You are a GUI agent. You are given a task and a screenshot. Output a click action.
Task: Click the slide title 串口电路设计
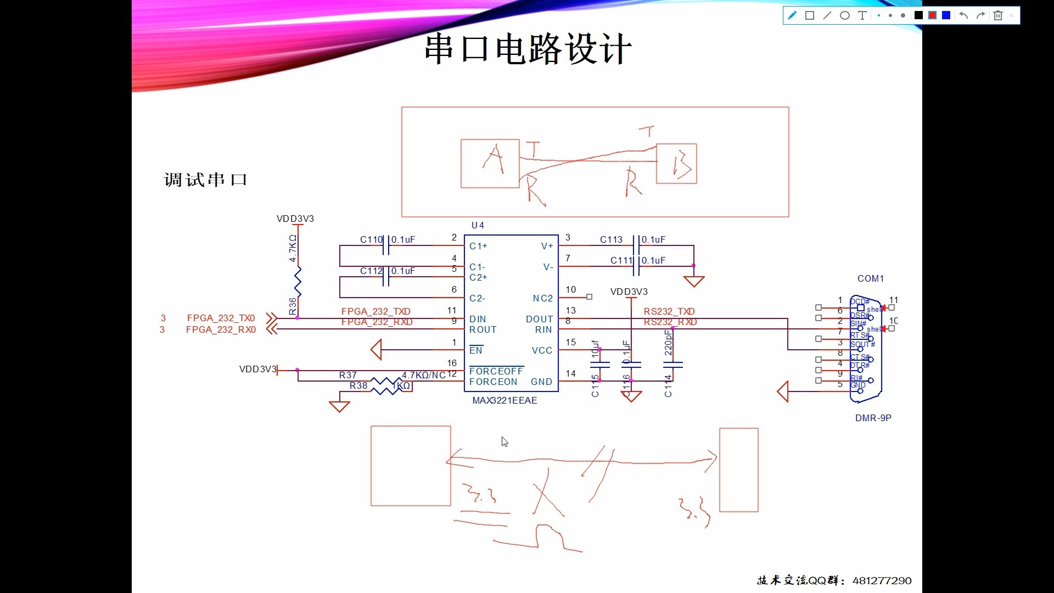(x=528, y=49)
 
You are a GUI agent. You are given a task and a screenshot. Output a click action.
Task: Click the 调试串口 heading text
(x=205, y=180)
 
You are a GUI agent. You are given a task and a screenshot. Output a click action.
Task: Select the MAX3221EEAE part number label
(x=504, y=400)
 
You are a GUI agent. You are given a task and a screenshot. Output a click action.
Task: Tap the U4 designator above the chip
(x=478, y=225)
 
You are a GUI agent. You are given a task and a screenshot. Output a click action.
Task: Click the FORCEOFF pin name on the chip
(x=496, y=371)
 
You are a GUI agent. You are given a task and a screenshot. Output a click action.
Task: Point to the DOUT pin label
(x=539, y=319)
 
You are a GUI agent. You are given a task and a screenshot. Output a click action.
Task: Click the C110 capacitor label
(x=371, y=239)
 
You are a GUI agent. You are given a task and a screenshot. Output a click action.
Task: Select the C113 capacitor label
(x=611, y=239)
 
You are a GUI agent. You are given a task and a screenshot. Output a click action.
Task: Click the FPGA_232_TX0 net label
(x=221, y=318)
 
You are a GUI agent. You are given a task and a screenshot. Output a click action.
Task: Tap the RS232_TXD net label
(x=669, y=311)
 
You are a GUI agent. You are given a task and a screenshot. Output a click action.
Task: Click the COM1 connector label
(x=871, y=278)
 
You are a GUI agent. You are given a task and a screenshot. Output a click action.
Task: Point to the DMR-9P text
(x=873, y=418)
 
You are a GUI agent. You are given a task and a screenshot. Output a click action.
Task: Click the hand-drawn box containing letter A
(x=490, y=164)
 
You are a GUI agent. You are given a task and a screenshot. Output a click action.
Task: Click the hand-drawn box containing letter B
(x=676, y=164)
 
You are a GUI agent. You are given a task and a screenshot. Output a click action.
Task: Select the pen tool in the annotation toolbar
(x=792, y=15)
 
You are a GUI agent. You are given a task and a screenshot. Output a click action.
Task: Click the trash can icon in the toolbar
(x=998, y=15)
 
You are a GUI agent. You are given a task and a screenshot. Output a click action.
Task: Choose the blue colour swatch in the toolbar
(x=946, y=15)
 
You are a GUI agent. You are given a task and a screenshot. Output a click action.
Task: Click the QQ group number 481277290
(x=882, y=580)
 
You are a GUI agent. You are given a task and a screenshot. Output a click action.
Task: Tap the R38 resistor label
(x=358, y=385)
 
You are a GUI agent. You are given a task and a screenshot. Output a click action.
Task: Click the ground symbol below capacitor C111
(x=694, y=281)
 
